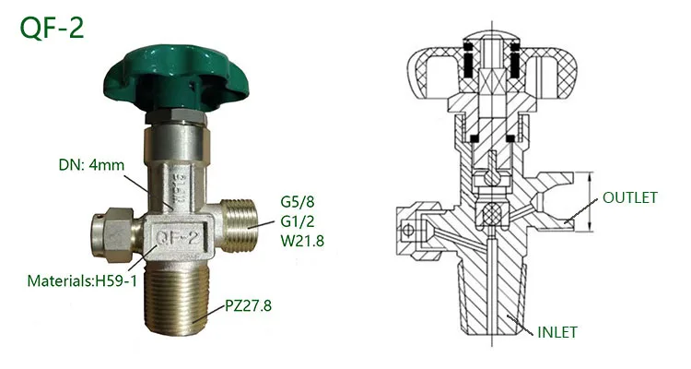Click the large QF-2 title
52,28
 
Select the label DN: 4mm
91,165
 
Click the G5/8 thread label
298,202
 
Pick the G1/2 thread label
298,221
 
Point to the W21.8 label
302,241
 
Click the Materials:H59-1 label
82,280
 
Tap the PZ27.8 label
248,305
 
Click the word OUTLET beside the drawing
630,197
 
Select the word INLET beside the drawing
557,332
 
